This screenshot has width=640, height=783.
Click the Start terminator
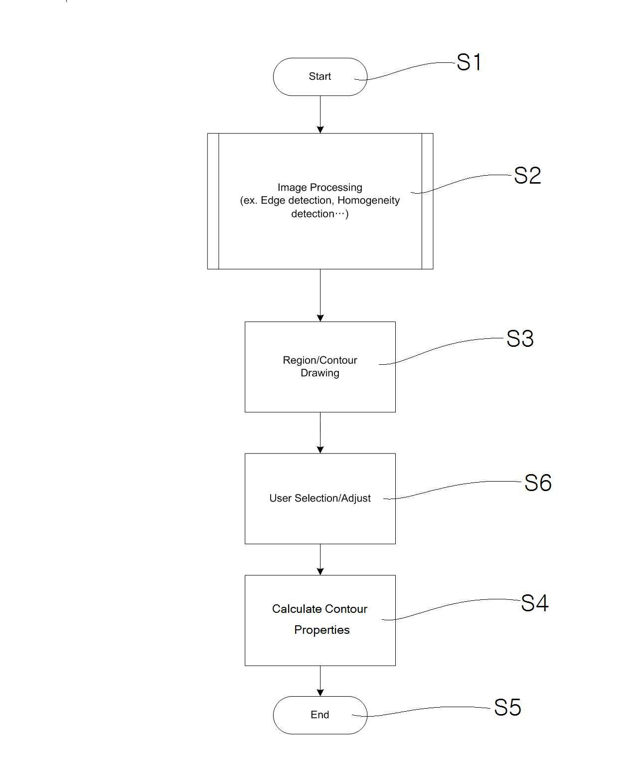pos(320,76)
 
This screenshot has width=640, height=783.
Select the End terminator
pos(320,715)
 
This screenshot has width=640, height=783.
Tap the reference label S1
pos(469,63)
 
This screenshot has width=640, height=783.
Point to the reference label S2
pos(527,176)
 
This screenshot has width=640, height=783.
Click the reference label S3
pos(520,339)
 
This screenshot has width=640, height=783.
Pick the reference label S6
pos(537,483)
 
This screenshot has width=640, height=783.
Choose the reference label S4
pos(534,603)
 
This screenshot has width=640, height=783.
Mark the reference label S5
pos(507,708)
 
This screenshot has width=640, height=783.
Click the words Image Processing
pos(320,188)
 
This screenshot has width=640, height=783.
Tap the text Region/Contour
pos(320,360)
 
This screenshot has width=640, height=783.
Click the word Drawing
pos(320,373)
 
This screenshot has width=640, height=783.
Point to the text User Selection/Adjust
pos(320,498)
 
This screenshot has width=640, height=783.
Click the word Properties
pos(321,630)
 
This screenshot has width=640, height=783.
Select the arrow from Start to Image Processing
pos(320,114)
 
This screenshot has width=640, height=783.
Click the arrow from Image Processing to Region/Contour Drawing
pos(320,295)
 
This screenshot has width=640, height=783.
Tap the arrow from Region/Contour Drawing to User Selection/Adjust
pos(320,433)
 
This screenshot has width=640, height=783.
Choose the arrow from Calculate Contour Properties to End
pos(320,681)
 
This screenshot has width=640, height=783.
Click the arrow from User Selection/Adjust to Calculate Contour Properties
pos(320,559)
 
